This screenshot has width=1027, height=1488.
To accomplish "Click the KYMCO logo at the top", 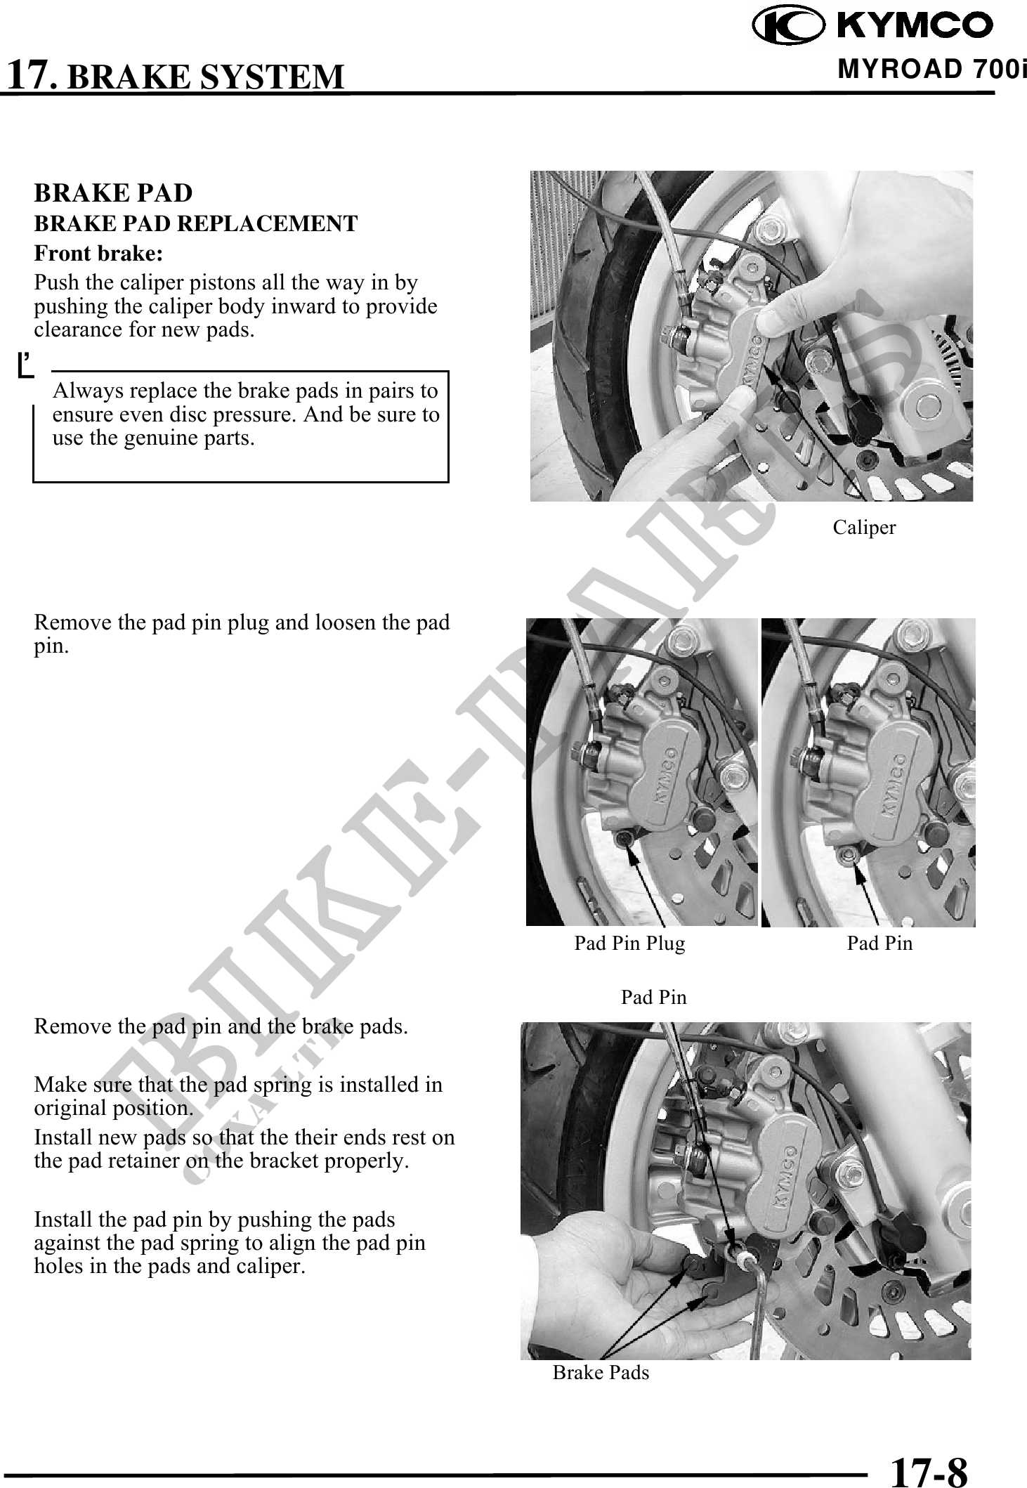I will [872, 25].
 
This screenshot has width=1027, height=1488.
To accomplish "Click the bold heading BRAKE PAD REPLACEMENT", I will [196, 223].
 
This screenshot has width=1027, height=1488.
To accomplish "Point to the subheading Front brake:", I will [99, 252].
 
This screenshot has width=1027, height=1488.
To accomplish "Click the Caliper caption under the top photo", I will [864, 527].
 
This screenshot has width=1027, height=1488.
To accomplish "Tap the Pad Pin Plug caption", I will [629, 943].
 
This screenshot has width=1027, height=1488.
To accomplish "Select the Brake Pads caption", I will [601, 1372].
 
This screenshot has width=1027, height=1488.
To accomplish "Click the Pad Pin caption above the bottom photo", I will [653, 997].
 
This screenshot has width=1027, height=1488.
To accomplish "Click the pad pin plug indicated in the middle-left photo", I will [622, 840].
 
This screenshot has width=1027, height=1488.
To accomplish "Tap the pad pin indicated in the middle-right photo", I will [849, 854].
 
